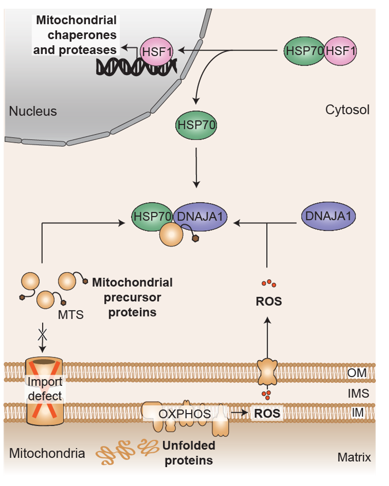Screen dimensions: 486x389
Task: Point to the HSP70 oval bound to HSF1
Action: [x=304, y=50]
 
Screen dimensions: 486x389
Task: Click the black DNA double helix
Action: [x=131, y=67]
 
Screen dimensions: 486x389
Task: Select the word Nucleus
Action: [x=33, y=111]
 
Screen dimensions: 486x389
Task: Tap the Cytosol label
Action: [x=347, y=110]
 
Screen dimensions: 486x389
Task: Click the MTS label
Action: [x=70, y=315]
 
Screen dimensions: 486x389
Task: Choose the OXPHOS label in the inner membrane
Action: [x=185, y=414]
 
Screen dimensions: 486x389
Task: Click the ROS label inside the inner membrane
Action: [x=267, y=414]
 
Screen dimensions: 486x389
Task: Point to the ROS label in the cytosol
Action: [x=269, y=302]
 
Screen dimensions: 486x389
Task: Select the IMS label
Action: [x=358, y=393]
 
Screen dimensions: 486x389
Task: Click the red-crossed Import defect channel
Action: [x=45, y=389]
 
